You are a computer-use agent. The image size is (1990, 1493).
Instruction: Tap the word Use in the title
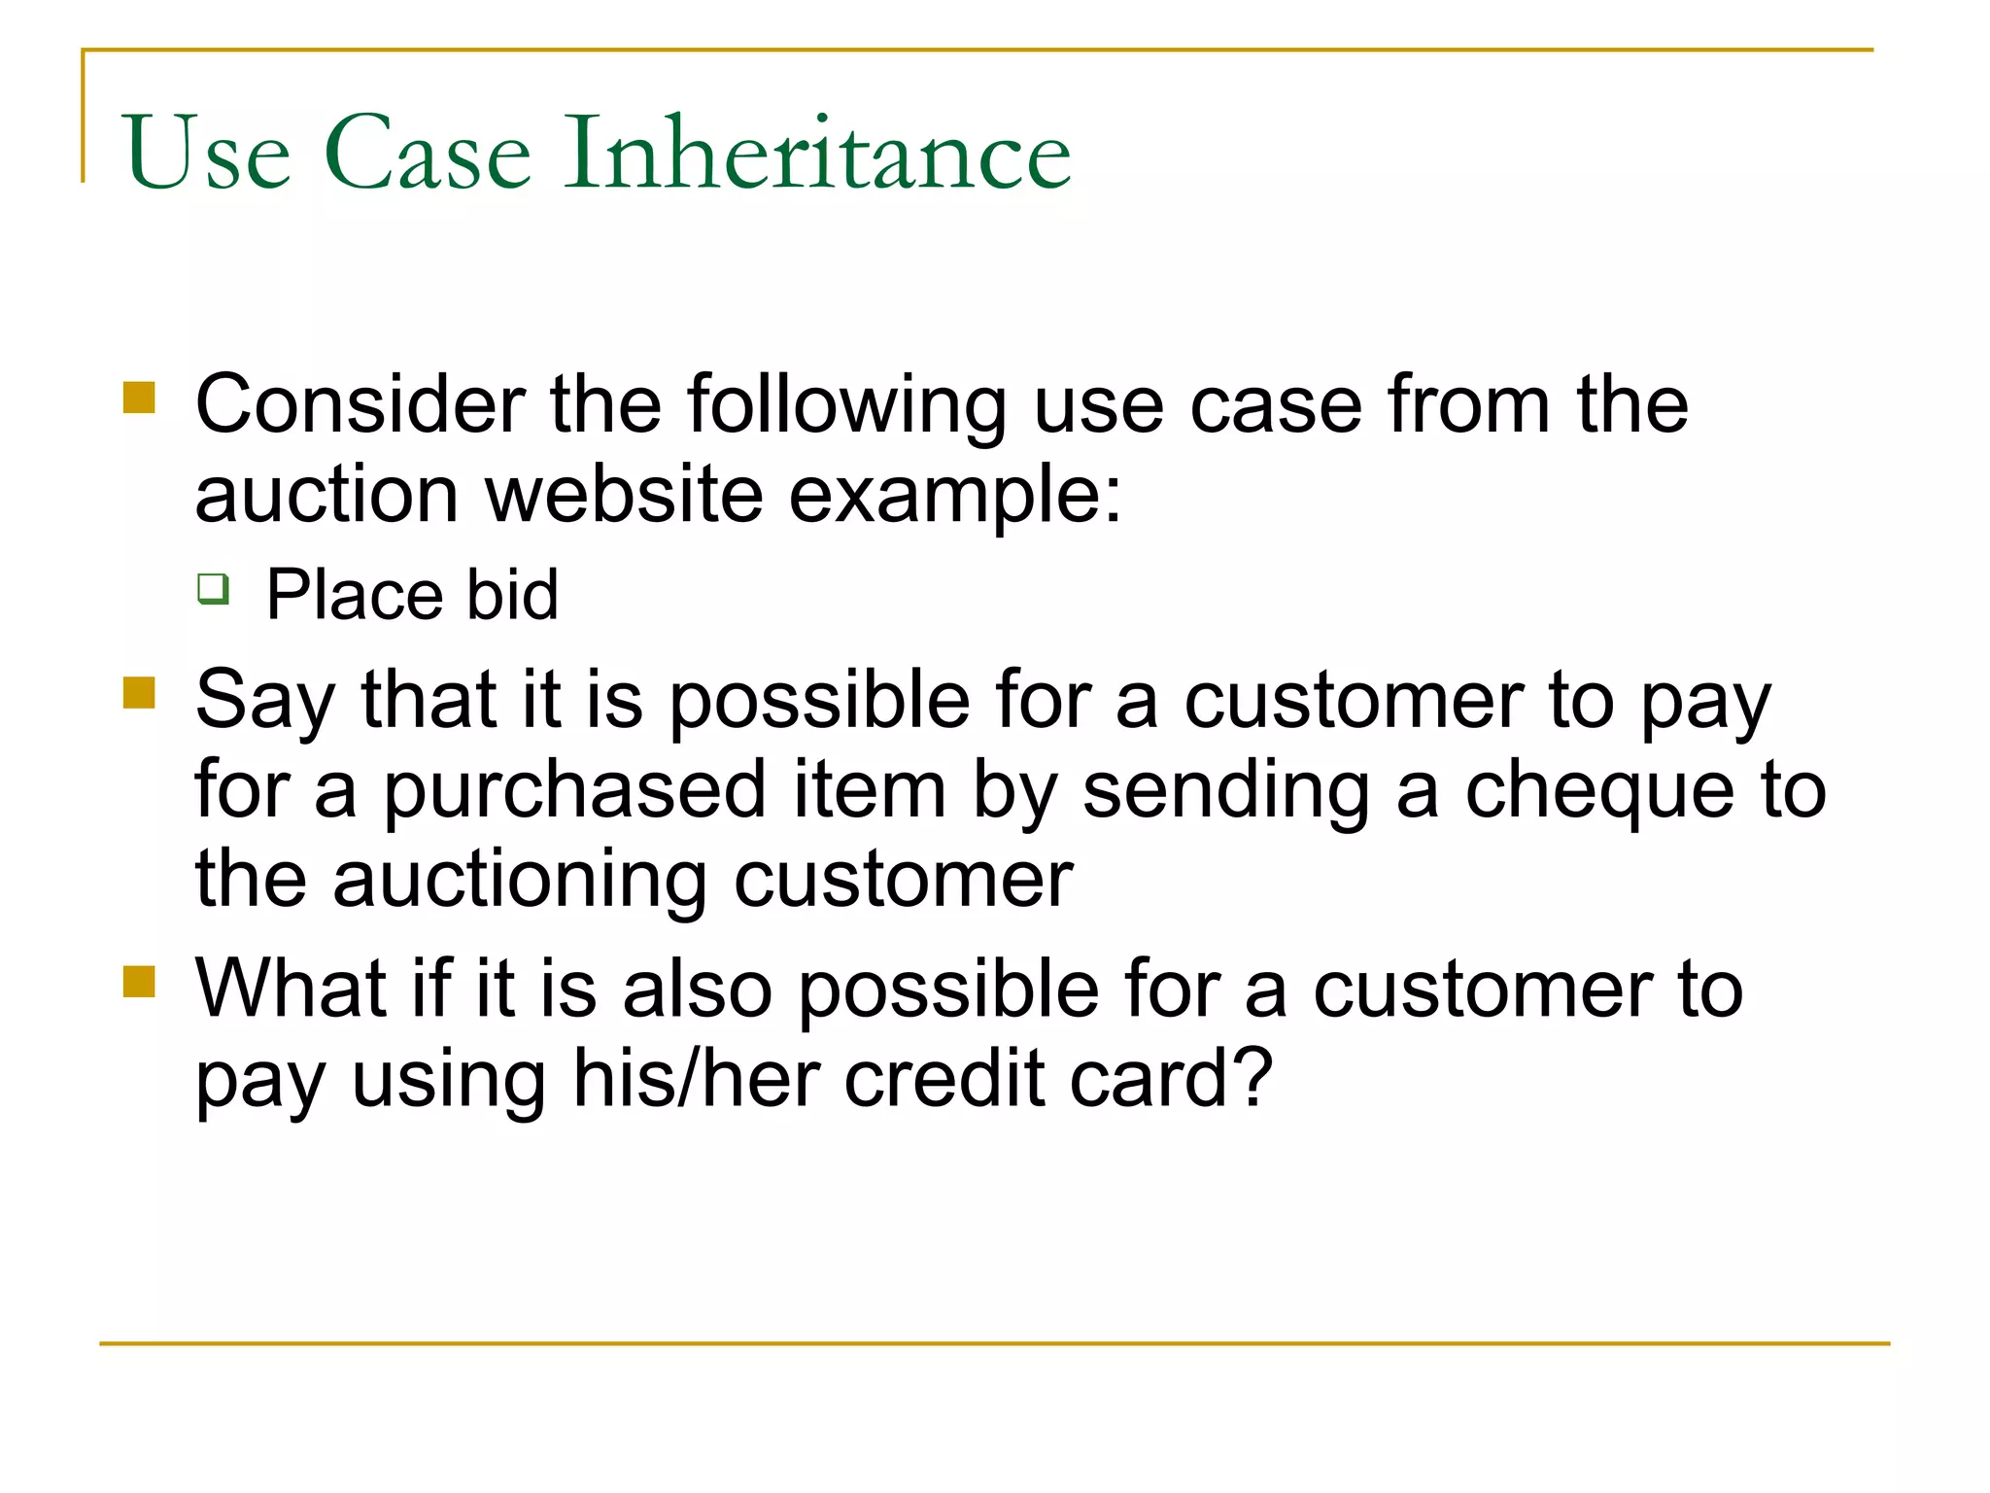207,153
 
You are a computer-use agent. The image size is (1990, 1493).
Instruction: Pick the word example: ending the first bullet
954,495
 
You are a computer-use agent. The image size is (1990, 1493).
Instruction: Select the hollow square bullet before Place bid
213,588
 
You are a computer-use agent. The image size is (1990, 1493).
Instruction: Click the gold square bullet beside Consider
140,398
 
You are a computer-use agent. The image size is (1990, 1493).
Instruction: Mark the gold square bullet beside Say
140,694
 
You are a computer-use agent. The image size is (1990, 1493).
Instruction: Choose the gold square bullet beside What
140,982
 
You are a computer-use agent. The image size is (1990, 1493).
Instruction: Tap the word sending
1225,789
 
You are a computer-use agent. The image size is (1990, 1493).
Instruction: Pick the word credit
943,1078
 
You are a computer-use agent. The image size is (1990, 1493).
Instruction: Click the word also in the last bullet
697,990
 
